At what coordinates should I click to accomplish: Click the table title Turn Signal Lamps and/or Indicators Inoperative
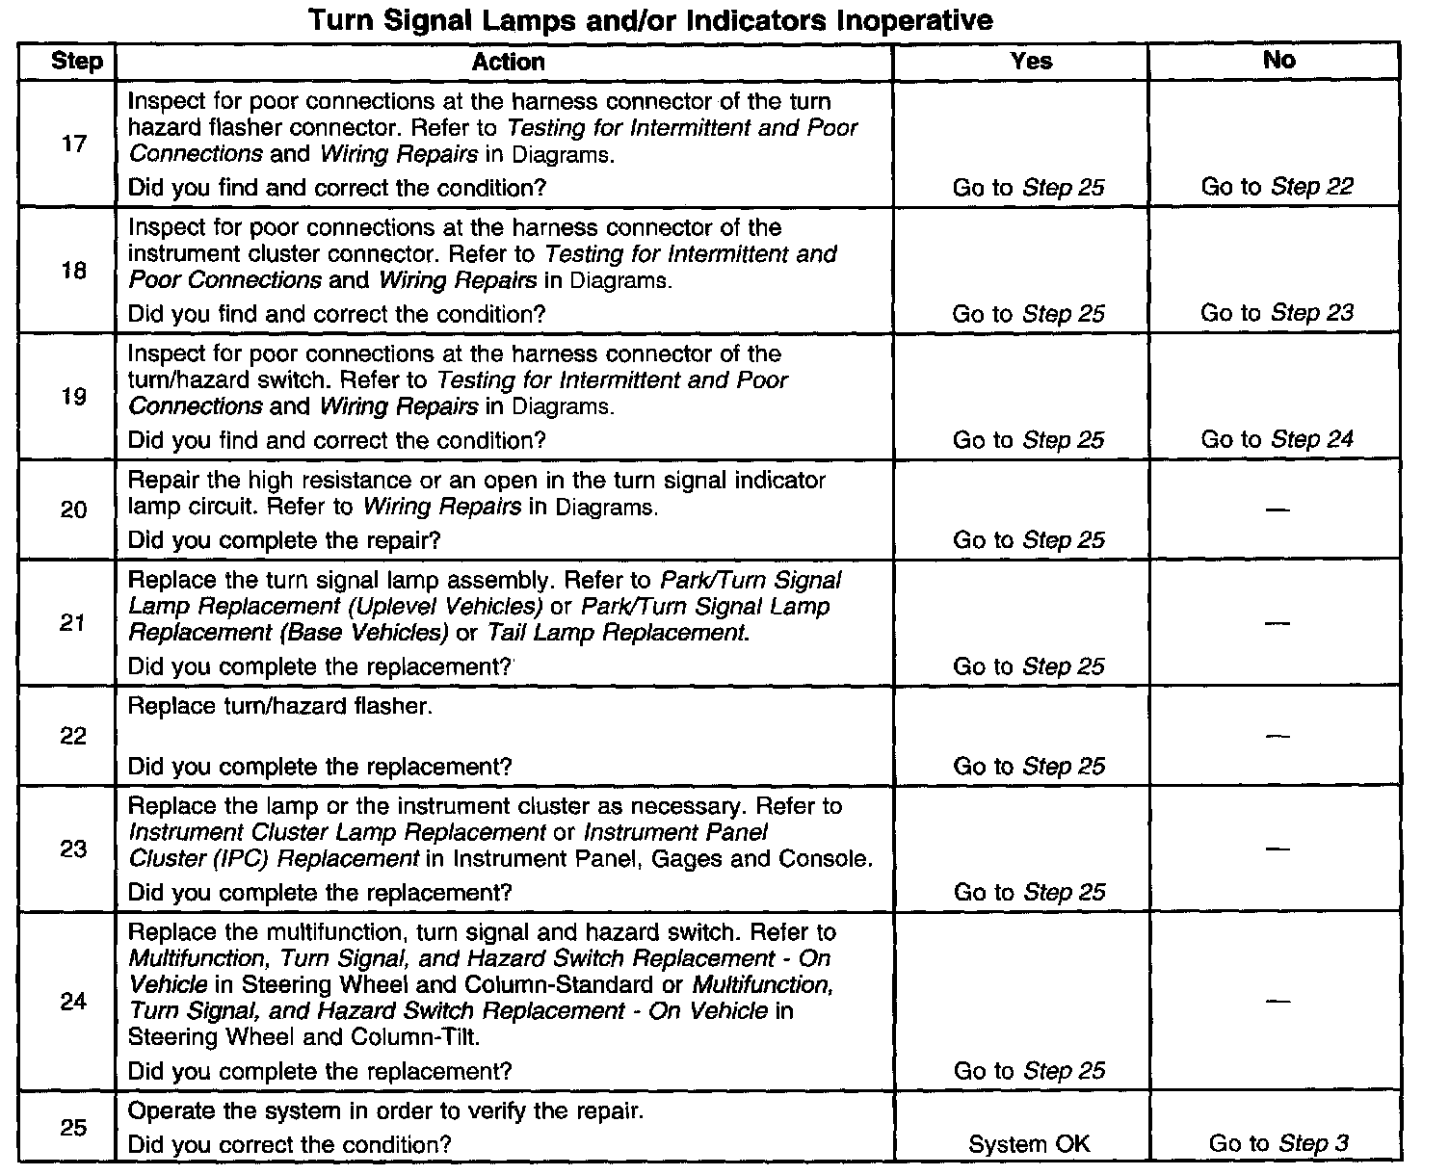pos(650,20)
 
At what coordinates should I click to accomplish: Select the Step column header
pos(76,62)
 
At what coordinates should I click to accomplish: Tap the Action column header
pos(508,62)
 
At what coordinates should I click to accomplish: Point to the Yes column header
pos(1031,61)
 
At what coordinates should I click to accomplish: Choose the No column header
pos(1278,60)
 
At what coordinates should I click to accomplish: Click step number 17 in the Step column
pos(74,144)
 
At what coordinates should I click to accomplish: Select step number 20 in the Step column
pos(74,510)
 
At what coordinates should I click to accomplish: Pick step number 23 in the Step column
pos(74,849)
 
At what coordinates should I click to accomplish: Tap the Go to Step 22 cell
pos(1277,187)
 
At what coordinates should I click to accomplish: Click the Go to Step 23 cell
pos(1277,313)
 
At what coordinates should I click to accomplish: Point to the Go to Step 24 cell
pos(1277,439)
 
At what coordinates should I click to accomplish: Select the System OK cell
pos(1029,1144)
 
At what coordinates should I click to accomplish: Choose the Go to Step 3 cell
pos(1278,1143)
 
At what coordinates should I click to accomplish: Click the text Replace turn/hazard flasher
pos(280,706)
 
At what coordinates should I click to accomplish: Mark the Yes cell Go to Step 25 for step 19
pos(1028,440)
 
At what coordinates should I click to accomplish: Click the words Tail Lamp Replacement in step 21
pos(617,633)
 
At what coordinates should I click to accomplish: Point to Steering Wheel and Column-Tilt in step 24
pos(303,1037)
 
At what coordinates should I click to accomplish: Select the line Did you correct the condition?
pos(289,1144)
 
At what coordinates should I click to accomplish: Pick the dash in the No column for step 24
pos(1278,1002)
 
